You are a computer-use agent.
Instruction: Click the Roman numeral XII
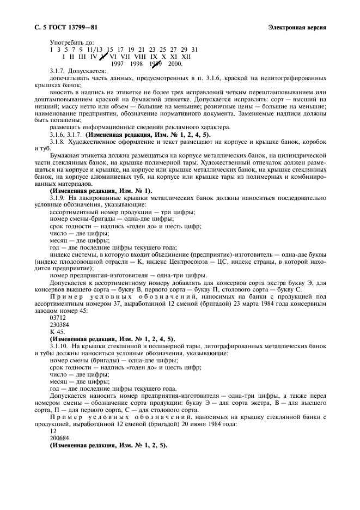click(x=186, y=56)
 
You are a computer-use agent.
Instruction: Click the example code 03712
click(x=58, y=317)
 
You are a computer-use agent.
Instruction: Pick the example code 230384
click(x=59, y=324)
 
